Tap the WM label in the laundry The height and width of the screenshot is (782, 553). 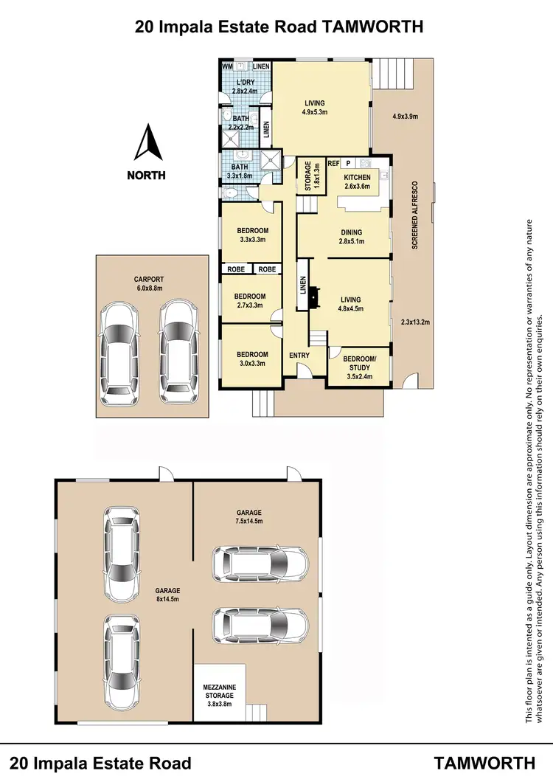tap(229, 67)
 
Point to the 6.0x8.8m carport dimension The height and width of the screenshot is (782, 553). tap(148, 288)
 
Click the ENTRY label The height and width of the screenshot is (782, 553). tap(300, 355)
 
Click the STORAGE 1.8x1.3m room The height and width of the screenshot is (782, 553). tap(310, 178)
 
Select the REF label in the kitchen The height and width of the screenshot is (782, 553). tap(333, 163)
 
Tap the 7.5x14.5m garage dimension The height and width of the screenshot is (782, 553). tap(248, 521)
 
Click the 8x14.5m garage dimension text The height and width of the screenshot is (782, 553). tap(164, 600)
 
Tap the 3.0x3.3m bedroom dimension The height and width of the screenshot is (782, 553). tap(252, 364)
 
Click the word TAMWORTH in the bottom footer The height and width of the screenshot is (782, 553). tap(484, 763)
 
